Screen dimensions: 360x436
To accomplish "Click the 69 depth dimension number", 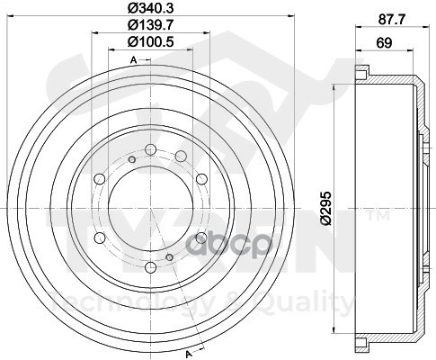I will [x=382, y=43].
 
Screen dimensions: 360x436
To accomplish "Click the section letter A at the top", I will [x=133, y=59].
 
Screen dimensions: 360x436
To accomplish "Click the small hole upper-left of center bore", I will [x=131, y=160].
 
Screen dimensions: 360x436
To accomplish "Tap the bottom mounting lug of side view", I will [x=362, y=343].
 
